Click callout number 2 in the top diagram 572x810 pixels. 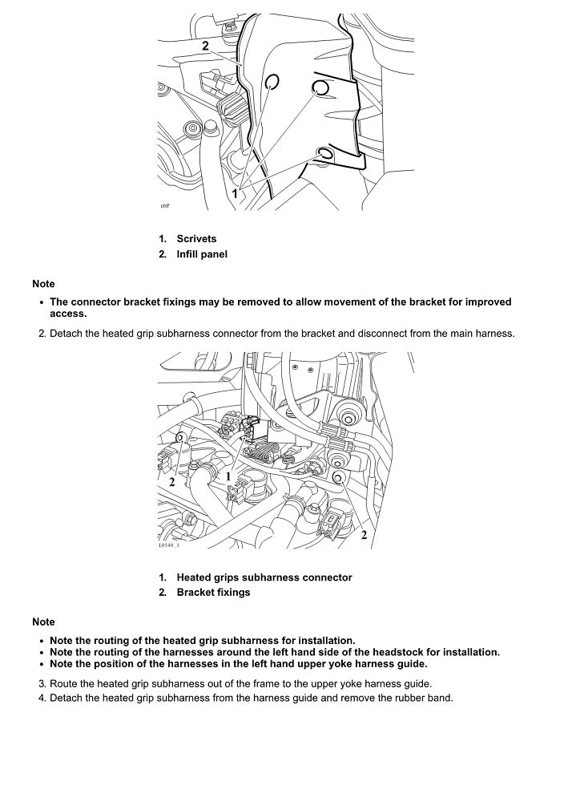(206, 46)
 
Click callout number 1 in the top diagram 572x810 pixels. (236, 193)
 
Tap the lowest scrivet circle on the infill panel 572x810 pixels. (326, 152)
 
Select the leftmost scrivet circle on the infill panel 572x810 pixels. (271, 81)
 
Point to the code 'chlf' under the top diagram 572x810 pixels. (165, 206)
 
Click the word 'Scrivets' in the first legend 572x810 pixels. (196, 239)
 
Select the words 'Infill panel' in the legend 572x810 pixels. (202, 254)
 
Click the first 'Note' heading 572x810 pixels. (43, 284)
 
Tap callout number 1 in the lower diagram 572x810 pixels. (228, 476)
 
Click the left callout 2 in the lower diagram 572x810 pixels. (171, 482)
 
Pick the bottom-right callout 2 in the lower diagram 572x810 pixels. (364, 534)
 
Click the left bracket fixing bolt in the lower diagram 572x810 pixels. (181, 438)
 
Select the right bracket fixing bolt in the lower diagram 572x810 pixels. (338, 479)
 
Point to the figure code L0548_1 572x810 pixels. (168, 546)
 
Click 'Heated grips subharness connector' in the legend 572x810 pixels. (264, 577)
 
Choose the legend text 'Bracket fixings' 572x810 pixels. (213, 593)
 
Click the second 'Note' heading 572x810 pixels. (43, 622)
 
